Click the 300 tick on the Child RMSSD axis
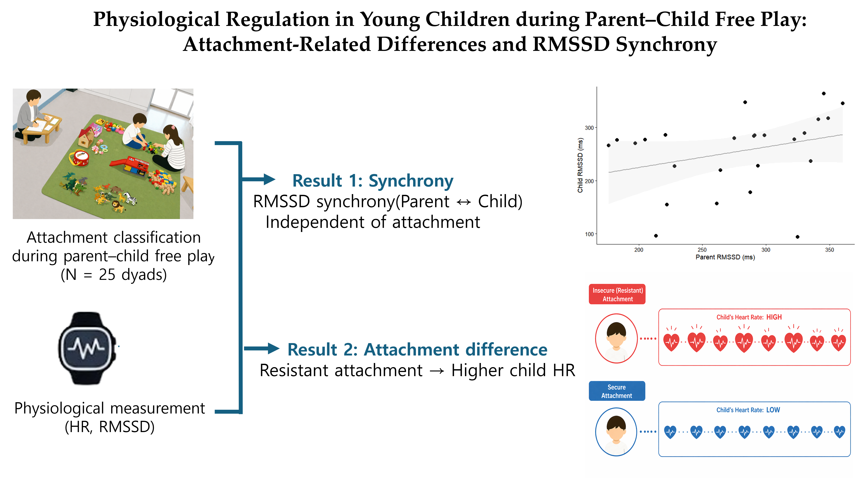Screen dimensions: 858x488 pyautogui.click(x=589, y=128)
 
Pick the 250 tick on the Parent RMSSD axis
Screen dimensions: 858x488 pyautogui.click(x=702, y=250)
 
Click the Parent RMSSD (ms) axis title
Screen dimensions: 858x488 pyautogui.click(x=725, y=257)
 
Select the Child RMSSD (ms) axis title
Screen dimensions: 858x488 pyautogui.click(x=580, y=165)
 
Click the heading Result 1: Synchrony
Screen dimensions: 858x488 pyautogui.click(x=373, y=181)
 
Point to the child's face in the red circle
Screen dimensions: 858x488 pyautogui.click(x=616, y=337)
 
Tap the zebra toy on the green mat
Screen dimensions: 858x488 pyautogui.click(x=131, y=198)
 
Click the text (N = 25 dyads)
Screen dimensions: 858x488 pyautogui.click(x=114, y=275)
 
